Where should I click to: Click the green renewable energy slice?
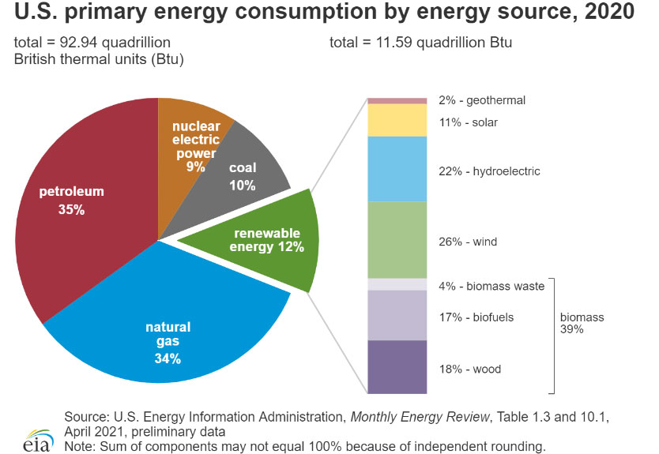269,237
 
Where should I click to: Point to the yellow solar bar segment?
397,120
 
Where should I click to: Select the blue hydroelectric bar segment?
397,169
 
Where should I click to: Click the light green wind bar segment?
397,240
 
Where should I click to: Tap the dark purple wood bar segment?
397,366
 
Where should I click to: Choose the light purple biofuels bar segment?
397,315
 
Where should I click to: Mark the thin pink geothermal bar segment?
397,101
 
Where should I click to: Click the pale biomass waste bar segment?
397,284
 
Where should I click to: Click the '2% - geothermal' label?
481,100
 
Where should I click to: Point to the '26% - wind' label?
468,242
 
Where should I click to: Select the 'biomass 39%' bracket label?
582,323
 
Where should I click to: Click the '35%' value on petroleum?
72,210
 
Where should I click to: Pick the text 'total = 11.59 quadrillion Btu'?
420,42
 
